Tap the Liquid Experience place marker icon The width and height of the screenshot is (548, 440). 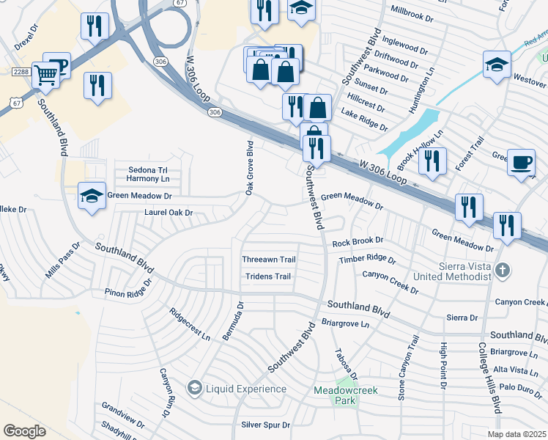tap(194, 388)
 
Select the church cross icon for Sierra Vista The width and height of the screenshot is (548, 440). tap(502, 270)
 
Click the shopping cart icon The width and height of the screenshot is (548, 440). tap(46, 73)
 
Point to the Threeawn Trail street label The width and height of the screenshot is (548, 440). tap(269, 260)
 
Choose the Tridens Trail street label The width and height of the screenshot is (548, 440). tap(267, 276)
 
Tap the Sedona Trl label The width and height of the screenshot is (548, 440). tap(148, 169)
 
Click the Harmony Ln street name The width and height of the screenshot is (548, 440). tap(147, 178)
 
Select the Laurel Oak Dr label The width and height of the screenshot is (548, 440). tap(168, 213)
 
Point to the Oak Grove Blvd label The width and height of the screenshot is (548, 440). tap(249, 168)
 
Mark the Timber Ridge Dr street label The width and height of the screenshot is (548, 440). tap(367, 260)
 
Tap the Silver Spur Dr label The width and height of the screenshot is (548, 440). tap(265, 425)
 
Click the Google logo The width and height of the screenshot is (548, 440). tap(25, 431)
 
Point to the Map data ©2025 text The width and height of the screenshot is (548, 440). tap(516, 434)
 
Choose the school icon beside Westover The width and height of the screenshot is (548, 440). tap(496, 65)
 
